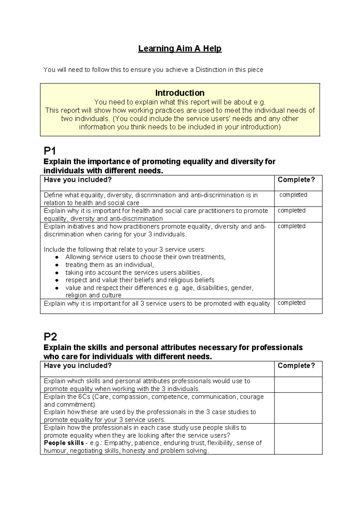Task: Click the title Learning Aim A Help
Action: point(180,49)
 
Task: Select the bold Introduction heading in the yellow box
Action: point(180,93)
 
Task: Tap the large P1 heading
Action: point(50,150)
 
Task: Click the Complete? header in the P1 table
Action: point(296,180)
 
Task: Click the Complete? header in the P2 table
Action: point(296,366)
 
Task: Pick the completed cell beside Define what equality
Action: point(293,195)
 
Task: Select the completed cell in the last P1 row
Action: point(291,303)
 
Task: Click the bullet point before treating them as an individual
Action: point(57,265)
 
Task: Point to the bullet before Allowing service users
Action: point(57,257)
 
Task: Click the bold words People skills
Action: point(64,443)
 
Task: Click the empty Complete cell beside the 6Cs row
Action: point(298,408)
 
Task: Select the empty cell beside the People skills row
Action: point(298,439)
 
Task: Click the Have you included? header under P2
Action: point(78,366)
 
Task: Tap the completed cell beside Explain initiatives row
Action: point(291,226)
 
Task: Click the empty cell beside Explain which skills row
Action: point(298,385)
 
